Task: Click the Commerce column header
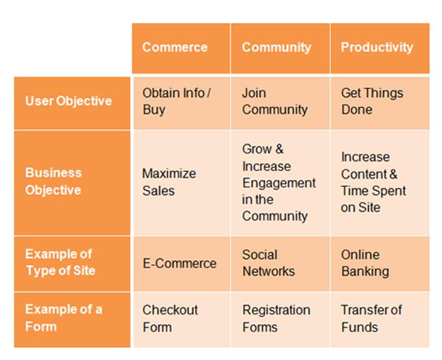tap(175, 48)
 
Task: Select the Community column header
tap(276, 48)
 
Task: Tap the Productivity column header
tap(377, 48)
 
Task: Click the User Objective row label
tap(68, 101)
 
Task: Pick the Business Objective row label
tap(54, 181)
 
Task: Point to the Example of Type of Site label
tap(60, 262)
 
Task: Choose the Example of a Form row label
tap(64, 318)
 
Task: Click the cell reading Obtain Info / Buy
tap(176, 101)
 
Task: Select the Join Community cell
tap(275, 101)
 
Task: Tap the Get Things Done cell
tap(372, 101)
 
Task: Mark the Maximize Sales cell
tap(169, 181)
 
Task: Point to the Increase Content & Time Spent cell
tap(373, 182)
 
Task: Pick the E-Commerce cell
tap(180, 264)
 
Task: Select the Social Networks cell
tap(269, 263)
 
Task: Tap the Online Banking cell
tap(365, 263)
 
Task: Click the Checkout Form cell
tap(170, 318)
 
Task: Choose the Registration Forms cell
tap(276, 318)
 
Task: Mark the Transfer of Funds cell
tap(371, 318)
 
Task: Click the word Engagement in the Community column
tap(279, 183)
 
